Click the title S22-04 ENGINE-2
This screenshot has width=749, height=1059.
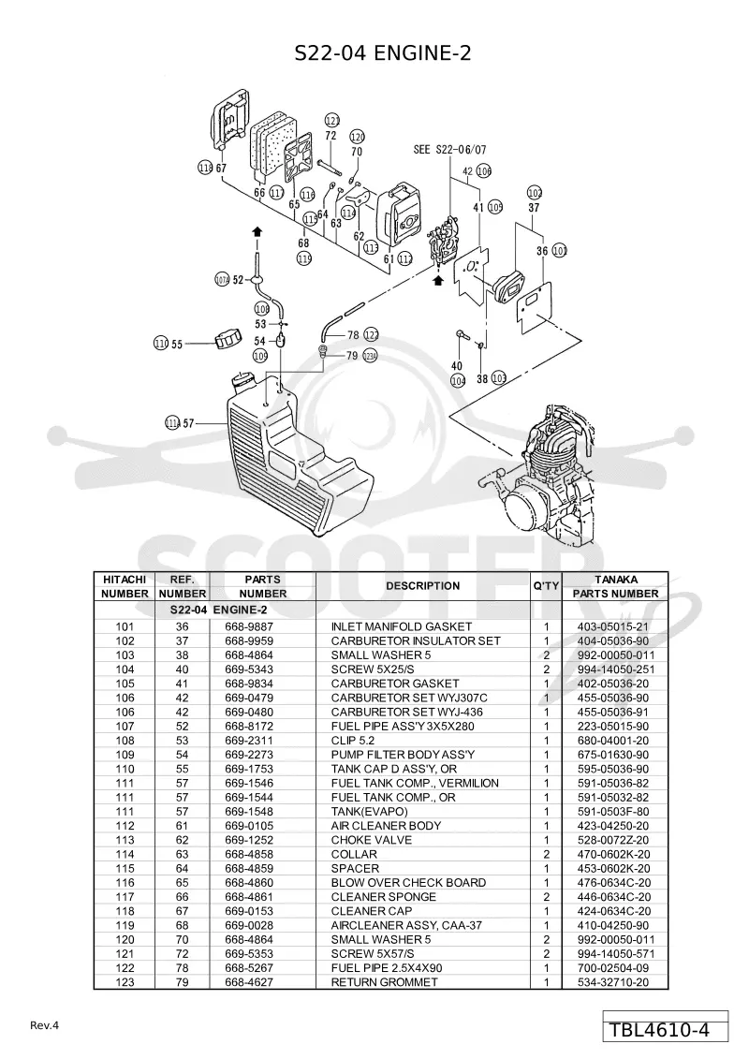point(383,52)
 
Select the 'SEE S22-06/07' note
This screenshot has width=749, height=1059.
point(449,149)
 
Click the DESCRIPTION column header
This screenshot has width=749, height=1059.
point(423,586)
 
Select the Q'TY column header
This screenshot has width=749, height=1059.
point(546,586)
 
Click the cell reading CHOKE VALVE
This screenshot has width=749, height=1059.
point(371,840)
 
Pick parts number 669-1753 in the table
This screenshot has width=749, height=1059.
point(249,770)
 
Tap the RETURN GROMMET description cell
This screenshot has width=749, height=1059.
point(384,982)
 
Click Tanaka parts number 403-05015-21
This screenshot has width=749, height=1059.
point(612,626)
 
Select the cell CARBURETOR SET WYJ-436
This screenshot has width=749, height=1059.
point(406,713)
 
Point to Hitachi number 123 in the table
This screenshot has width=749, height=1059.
point(125,982)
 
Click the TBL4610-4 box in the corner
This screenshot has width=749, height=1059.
point(666,1030)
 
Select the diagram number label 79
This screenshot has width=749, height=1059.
point(351,356)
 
